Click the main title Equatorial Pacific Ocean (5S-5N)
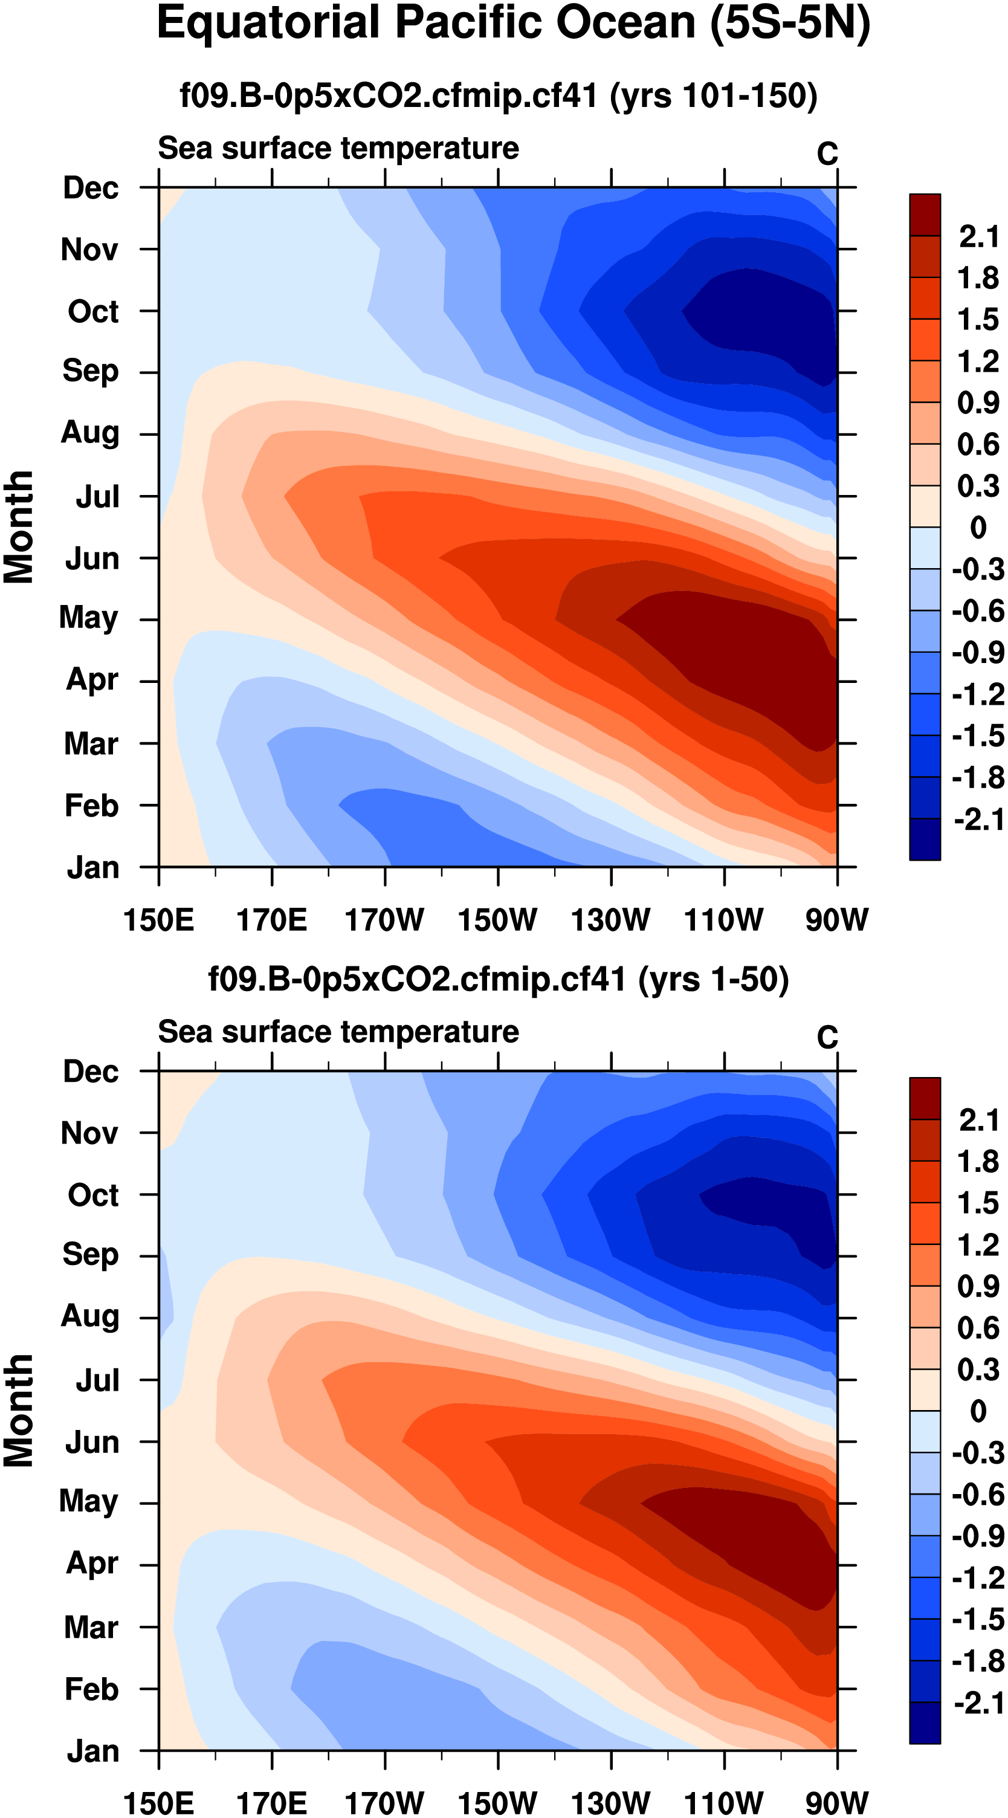click(513, 24)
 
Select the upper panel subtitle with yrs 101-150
click(499, 95)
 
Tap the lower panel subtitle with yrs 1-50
click(499, 980)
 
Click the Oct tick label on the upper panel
click(93, 311)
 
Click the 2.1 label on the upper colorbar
click(978, 236)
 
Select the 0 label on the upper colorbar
click(978, 528)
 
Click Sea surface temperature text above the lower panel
click(338, 1032)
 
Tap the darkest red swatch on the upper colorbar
click(925, 215)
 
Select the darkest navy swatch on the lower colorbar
click(925, 1722)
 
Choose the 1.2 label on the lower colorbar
click(978, 1246)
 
